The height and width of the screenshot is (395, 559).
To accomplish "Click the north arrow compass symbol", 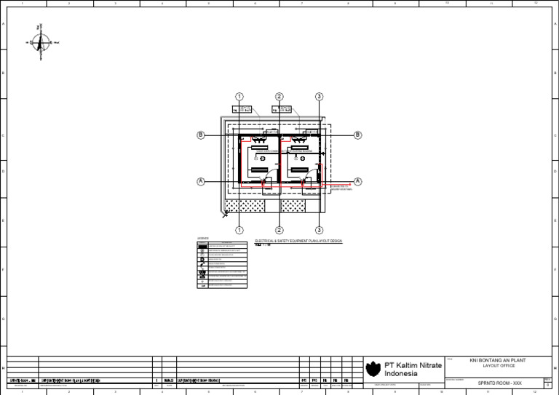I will coord(42,42).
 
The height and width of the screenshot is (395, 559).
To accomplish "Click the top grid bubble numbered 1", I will coord(239,97).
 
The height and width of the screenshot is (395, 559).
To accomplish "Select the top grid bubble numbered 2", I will coord(279,97).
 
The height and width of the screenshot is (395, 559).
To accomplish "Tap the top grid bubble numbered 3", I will coord(319,97).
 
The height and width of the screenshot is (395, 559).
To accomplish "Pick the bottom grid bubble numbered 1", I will coord(239,229).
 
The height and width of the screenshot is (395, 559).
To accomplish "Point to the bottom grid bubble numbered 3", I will coord(319,229).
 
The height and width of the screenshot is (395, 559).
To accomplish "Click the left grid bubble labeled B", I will coord(200,135).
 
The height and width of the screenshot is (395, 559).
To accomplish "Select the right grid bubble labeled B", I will coord(358,135).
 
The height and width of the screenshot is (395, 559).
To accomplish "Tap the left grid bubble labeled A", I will coord(200,181).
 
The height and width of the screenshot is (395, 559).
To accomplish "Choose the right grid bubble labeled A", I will coord(358,181).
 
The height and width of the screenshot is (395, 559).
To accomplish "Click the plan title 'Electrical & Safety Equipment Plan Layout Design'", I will coord(298,241).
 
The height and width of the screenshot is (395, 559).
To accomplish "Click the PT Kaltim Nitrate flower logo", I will coord(373,368).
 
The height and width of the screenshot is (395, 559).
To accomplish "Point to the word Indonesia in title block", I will coord(401,374).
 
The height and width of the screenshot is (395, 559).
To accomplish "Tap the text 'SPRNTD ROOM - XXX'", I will coord(499,383).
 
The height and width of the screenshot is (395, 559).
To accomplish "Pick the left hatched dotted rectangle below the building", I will coord(245,207).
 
